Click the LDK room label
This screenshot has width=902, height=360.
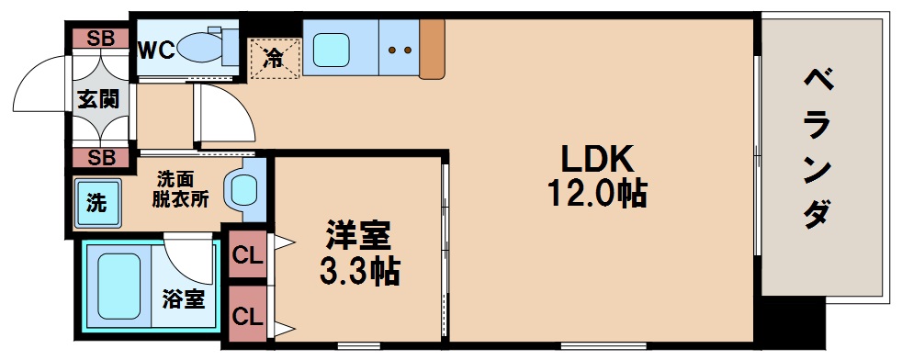coord(597,159)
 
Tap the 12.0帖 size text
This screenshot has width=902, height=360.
coord(597,193)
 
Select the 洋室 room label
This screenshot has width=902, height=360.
coord(358,236)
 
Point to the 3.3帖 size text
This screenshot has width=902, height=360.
coord(358,270)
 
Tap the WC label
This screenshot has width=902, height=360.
coord(156,50)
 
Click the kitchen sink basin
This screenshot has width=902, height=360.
coord(332,50)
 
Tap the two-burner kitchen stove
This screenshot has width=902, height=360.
coord(398,50)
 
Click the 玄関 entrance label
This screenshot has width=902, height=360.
coord(97,97)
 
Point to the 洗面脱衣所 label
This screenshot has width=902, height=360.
coord(180,187)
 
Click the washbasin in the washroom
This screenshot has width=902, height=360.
coord(243,190)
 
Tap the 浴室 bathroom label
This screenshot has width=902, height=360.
coord(183,298)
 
